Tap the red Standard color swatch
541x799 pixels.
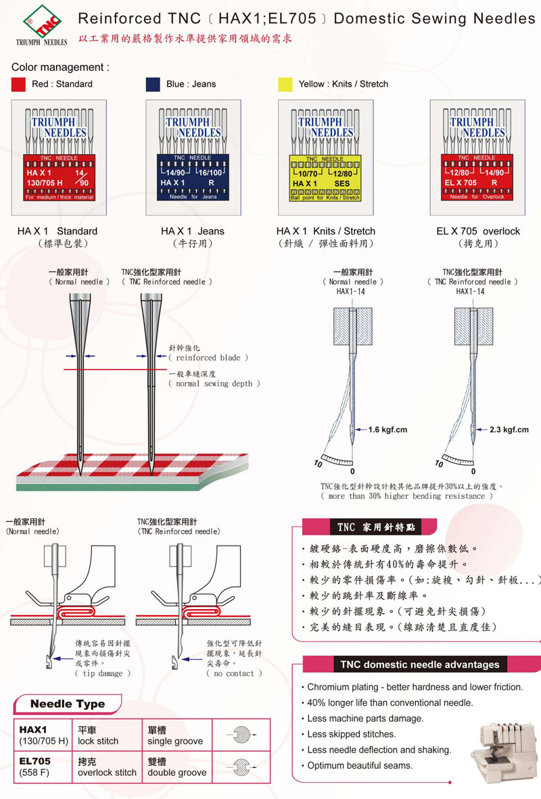[x=19, y=84]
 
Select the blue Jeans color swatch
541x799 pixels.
[x=154, y=84]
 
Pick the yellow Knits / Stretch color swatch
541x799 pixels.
[x=285, y=84]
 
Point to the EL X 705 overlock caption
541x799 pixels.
[x=478, y=231]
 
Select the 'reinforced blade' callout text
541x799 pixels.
[x=208, y=358]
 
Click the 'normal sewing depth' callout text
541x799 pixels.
[x=214, y=383]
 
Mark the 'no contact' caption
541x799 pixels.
[x=234, y=673]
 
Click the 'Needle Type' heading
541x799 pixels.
[x=68, y=704]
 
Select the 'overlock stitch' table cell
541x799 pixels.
[x=107, y=772]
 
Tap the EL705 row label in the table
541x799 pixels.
[x=35, y=761]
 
